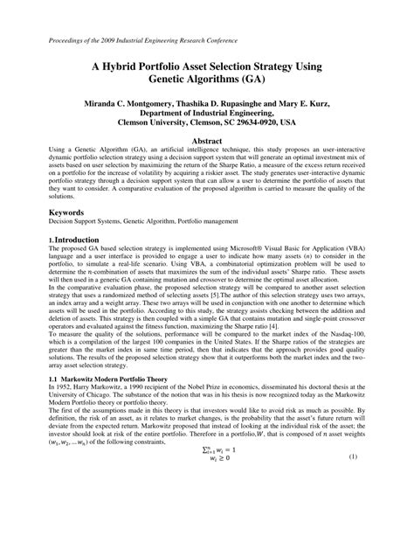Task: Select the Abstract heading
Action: pos(206,140)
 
